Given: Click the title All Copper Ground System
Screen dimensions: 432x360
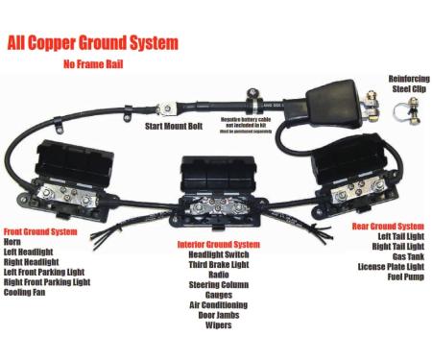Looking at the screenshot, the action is tap(91, 43).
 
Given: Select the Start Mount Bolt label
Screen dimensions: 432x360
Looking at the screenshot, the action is tap(174, 126).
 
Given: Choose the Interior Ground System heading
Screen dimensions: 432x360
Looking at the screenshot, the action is tap(218, 244).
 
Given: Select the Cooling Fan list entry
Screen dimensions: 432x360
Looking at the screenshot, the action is tap(25, 292).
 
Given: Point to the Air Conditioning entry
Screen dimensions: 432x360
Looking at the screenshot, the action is tap(218, 303).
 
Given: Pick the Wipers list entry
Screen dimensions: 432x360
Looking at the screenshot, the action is tap(218, 324).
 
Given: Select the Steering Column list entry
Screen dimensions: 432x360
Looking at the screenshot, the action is tap(218, 283).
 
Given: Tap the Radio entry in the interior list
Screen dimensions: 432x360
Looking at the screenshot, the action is tap(218, 274).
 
